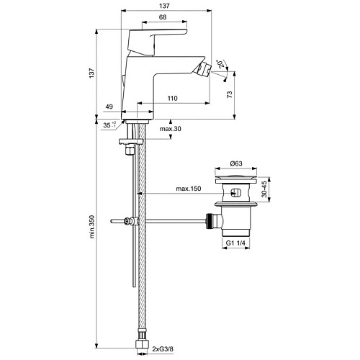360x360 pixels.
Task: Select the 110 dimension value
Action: point(171,98)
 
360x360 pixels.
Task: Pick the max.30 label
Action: point(171,129)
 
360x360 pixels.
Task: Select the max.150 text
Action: point(189,189)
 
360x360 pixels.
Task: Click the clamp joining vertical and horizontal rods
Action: point(129,221)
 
